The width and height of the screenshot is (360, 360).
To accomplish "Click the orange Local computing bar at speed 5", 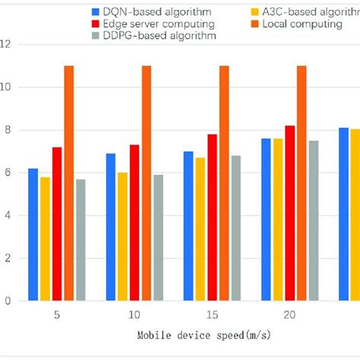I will pos(69,183).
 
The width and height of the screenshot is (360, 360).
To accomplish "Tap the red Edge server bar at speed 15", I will pos(213,217).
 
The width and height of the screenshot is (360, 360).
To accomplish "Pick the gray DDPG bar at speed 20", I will pos(313,220).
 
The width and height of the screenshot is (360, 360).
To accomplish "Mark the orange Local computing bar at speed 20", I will pos(302,183).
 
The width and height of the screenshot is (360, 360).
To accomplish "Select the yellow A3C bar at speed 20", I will pos(278,219).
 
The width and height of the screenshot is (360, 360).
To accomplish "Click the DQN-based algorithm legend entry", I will pos(141,11).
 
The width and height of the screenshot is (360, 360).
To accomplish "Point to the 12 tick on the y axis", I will pos(8,45).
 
